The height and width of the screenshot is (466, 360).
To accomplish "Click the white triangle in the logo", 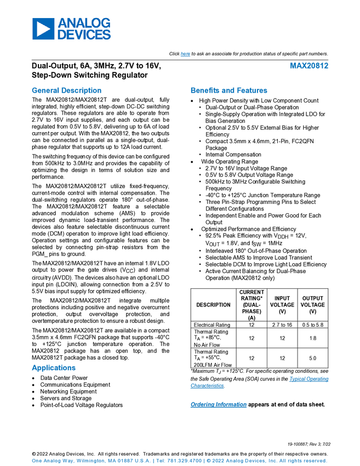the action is [44, 29].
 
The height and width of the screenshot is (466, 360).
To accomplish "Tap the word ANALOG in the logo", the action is [84, 22].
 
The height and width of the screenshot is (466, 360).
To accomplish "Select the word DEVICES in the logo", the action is [84, 35].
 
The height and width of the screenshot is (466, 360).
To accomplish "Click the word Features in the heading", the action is [253, 91].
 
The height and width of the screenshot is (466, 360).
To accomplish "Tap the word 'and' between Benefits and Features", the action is [227, 91].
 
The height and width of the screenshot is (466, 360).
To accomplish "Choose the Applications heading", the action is [53, 368].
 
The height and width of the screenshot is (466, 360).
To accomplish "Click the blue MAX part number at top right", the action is [309, 66].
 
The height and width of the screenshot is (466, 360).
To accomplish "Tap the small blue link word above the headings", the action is [185, 54].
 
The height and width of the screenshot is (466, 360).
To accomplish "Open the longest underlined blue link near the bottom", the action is [218, 405].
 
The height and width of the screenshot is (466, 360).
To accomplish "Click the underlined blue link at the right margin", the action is [309, 379].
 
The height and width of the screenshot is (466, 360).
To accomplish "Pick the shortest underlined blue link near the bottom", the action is [207, 387].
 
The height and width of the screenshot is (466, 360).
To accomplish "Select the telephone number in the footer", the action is [184, 461].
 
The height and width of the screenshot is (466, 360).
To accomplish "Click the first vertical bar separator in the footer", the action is [155, 461].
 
